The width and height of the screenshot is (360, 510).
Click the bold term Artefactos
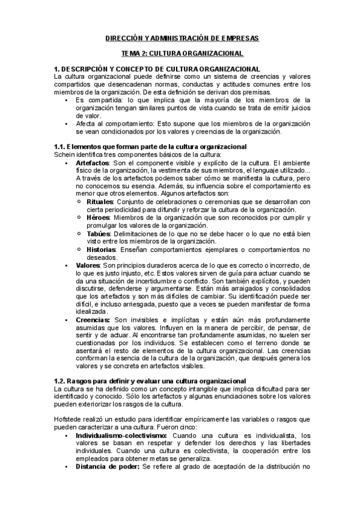pyautogui.click(x=93, y=163)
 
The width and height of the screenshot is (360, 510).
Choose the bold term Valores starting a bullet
pyautogui.click(x=88, y=265)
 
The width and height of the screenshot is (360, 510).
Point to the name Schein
pyautogui.click(x=64, y=155)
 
